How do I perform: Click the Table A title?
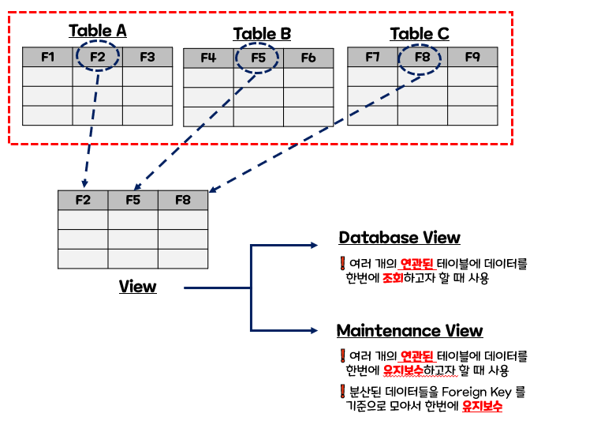[97, 31]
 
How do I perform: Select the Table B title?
[262, 33]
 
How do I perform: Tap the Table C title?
[420, 33]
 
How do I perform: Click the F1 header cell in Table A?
[47, 57]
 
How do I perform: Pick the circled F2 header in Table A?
[98, 57]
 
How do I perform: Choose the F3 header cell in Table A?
[147, 57]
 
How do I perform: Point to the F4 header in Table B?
[208, 58]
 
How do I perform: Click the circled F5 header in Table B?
[259, 58]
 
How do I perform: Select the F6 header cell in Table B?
[308, 58]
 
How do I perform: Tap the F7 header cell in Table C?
[372, 57]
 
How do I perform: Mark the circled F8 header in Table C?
[423, 57]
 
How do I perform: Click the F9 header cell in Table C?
[472, 57]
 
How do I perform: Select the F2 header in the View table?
[83, 200]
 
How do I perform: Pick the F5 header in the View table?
[132, 200]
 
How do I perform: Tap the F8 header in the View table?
[183, 200]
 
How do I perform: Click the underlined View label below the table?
[138, 286]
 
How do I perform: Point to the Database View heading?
[399, 238]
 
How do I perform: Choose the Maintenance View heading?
[409, 330]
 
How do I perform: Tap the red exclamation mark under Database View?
[342, 264]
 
